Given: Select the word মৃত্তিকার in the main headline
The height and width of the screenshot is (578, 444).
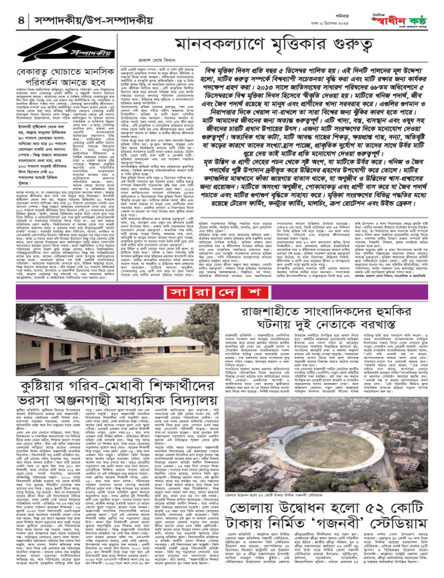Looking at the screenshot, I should click(282, 46).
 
